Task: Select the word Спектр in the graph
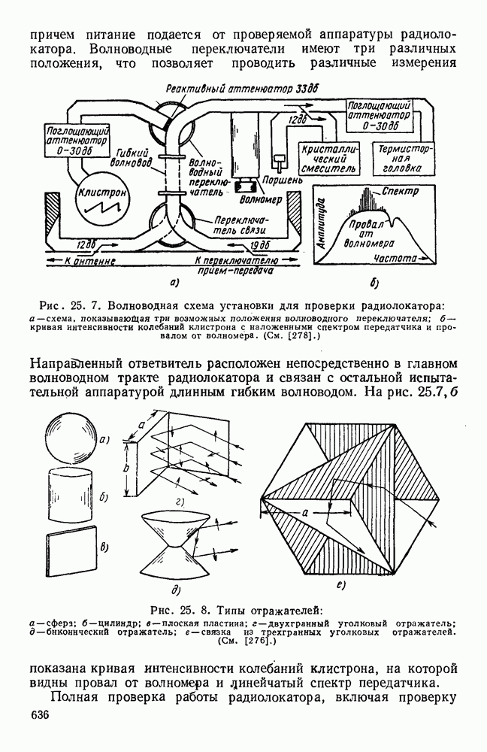pyautogui.click(x=400, y=192)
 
